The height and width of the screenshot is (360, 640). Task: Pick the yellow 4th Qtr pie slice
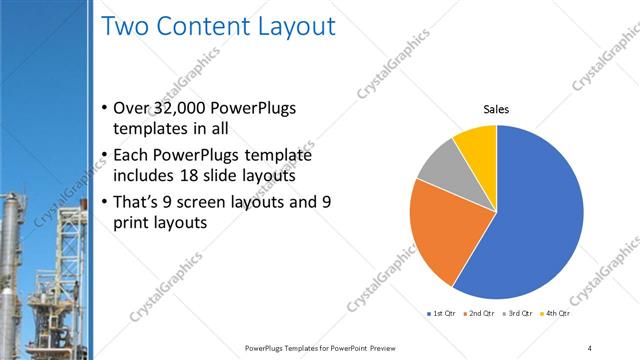click(476, 146)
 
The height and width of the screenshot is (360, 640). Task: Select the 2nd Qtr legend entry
click(482, 314)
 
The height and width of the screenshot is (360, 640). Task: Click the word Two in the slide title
click(128, 27)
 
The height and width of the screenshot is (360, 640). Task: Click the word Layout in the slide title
click(291, 27)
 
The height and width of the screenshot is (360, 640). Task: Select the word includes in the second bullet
click(146, 177)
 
